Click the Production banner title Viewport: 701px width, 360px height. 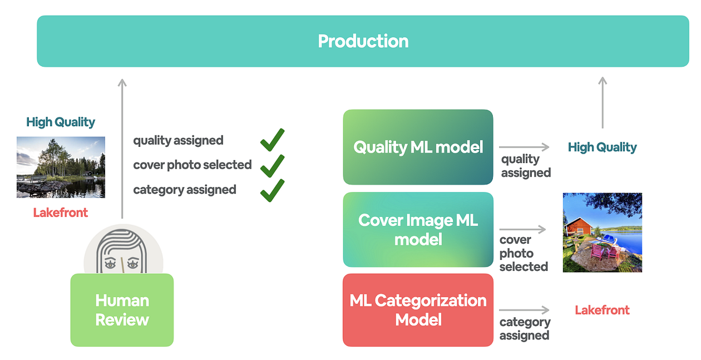point(363,41)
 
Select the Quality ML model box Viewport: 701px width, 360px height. point(418,147)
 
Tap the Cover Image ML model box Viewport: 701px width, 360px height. point(418,229)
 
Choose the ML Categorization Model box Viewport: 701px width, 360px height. point(418,310)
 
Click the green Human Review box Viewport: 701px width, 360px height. point(122,310)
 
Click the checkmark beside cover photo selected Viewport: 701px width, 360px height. point(272,165)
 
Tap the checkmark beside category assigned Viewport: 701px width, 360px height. point(272,190)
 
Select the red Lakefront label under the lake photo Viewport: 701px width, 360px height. point(61,213)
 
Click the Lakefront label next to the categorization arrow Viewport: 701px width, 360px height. point(602,310)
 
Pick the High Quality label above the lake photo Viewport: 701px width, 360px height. point(61,122)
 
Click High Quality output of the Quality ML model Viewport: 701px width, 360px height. point(602,147)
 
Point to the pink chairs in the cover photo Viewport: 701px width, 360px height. point(603,251)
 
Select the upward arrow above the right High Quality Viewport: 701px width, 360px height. point(602,103)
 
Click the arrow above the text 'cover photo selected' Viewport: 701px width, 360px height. point(523,229)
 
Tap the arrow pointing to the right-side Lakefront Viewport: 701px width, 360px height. point(524,310)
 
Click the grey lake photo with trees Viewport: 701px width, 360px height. point(61,167)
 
